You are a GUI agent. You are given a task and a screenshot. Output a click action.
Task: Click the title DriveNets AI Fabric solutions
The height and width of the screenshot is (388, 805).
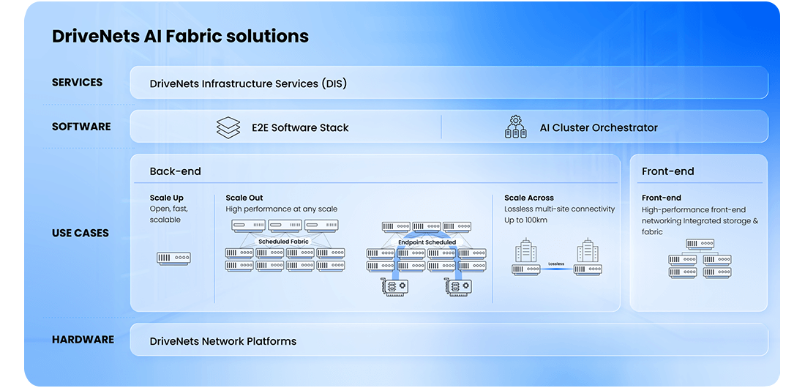[x=180, y=36]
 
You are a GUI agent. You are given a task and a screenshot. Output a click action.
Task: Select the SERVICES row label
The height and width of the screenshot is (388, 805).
[x=77, y=83]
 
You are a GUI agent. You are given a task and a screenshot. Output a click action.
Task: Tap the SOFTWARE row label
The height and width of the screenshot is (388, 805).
[x=81, y=127]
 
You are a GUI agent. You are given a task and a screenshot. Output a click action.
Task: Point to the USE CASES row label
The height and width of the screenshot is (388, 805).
[x=80, y=233]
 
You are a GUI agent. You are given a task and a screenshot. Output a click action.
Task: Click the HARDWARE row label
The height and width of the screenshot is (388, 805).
[x=83, y=340]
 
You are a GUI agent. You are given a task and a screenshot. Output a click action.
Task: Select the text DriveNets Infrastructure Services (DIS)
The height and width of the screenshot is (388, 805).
[x=248, y=83]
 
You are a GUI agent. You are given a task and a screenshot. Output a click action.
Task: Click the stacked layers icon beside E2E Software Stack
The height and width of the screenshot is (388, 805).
[x=228, y=127]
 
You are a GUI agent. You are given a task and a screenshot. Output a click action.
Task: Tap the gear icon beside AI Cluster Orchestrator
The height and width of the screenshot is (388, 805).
[x=516, y=127]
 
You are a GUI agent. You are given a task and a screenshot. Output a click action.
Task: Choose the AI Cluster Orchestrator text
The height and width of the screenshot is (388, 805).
[x=598, y=127]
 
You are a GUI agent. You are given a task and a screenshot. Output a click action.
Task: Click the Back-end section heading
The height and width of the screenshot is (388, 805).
[x=175, y=171]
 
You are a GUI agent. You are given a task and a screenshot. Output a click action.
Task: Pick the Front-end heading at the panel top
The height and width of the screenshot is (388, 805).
[x=667, y=171]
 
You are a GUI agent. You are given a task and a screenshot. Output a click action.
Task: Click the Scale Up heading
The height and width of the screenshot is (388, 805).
[x=167, y=198]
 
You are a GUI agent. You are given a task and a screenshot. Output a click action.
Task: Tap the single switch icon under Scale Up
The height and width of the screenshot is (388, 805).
[x=173, y=258]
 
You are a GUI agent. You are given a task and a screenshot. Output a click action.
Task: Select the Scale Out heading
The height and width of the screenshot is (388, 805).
[x=244, y=198]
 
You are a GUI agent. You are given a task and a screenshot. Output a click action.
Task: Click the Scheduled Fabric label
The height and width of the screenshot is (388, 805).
[x=283, y=241]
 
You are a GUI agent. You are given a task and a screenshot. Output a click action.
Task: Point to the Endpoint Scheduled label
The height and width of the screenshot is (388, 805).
[x=427, y=242]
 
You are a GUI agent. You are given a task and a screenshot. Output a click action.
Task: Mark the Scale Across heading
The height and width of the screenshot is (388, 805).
[x=529, y=198]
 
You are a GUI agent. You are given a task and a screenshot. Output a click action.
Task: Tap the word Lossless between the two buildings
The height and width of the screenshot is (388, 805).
[x=557, y=263]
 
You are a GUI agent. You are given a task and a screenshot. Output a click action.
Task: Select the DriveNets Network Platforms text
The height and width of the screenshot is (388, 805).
[x=223, y=341]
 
